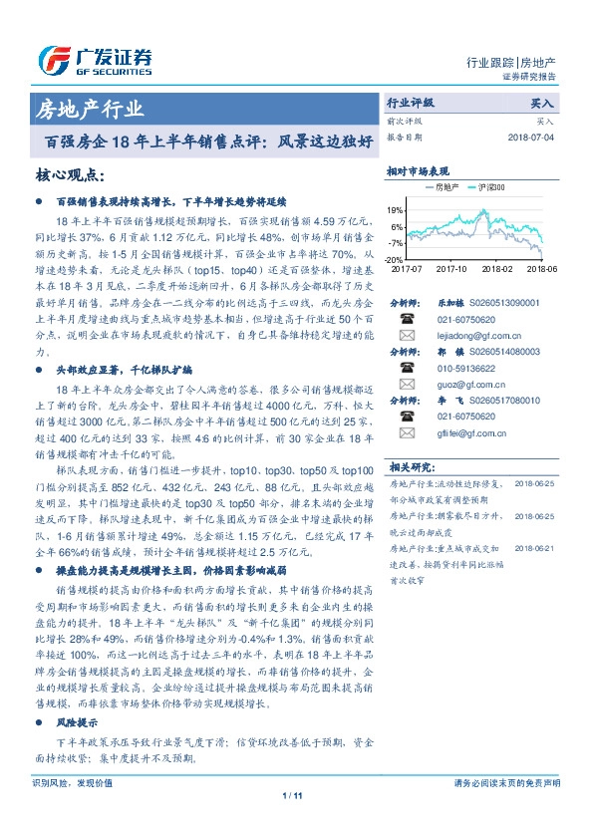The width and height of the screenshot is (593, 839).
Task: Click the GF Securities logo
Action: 95,59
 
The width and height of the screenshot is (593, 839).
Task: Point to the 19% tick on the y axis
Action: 396,210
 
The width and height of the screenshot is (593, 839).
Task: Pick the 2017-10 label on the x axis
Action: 451,268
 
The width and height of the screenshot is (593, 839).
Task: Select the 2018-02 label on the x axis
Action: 496,268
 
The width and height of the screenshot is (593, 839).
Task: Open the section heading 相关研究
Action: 408,466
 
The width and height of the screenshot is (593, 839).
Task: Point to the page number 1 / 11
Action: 291,794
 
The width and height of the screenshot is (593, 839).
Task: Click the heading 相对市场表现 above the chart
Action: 418,171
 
